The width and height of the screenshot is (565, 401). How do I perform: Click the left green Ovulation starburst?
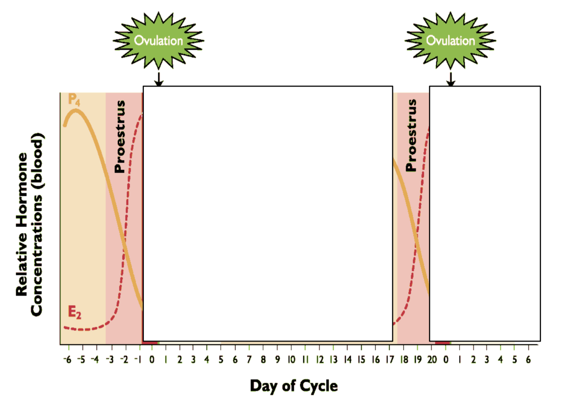[159, 41]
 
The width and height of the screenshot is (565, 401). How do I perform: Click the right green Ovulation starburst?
[450, 41]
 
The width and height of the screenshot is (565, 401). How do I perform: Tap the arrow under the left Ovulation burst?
[159, 79]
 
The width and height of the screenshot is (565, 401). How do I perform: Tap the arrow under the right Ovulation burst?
[451, 79]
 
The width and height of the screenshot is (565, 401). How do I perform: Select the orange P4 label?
[74, 100]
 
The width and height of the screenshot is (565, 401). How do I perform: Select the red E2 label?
[74, 312]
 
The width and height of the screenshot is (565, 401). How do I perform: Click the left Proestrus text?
[120, 137]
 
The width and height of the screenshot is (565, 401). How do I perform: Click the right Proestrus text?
[411, 136]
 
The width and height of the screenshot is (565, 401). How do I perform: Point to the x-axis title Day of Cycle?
[293, 386]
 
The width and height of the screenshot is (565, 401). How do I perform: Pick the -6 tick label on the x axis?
[67, 360]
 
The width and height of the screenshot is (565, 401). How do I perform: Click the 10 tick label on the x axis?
[291, 360]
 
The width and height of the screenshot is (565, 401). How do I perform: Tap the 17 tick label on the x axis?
[390, 360]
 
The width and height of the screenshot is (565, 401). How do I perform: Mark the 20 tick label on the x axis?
[432, 360]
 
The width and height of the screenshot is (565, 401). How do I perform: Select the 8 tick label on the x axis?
[263, 360]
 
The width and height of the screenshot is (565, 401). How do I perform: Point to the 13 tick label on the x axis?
[334, 360]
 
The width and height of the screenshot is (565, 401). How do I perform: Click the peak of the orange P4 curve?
[76, 110]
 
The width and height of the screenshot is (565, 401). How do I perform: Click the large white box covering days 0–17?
[268, 214]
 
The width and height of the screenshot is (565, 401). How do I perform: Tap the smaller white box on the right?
[485, 214]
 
